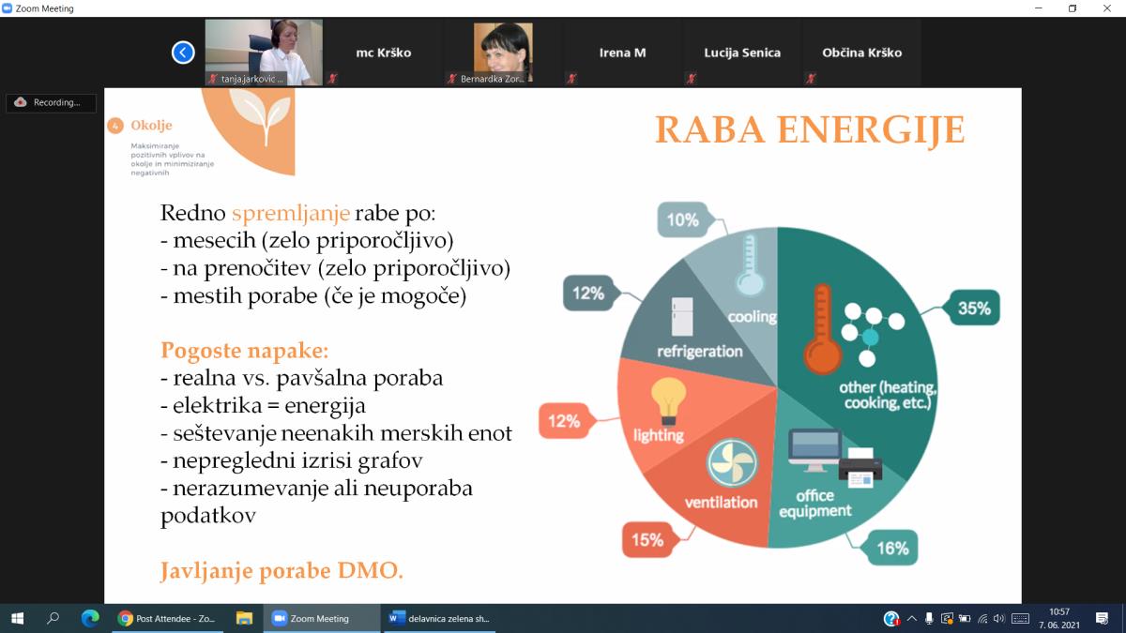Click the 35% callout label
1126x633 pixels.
tap(974, 308)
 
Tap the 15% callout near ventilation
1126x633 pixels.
tap(647, 540)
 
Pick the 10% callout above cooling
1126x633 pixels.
tap(683, 219)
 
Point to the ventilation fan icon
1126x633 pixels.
tap(732, 463)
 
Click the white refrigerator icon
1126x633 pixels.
tap(682, 317)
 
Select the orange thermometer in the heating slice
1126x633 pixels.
tap(822, 329)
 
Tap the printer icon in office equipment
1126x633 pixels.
tap(860, 467)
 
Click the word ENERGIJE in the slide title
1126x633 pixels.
tap(871, 129)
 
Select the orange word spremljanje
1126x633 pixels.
tap(291, 213)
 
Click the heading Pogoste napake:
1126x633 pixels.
tap(244, 350)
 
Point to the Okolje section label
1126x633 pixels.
tap(151, 125)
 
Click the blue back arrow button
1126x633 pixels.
tap(183, 53)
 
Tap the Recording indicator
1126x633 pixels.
tap(51, 102)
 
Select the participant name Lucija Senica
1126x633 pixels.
tap(742, 53)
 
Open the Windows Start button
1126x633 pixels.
tap(18, 618)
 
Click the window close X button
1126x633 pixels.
tap(1107, 8)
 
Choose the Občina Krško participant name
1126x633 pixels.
tap(861, 53)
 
